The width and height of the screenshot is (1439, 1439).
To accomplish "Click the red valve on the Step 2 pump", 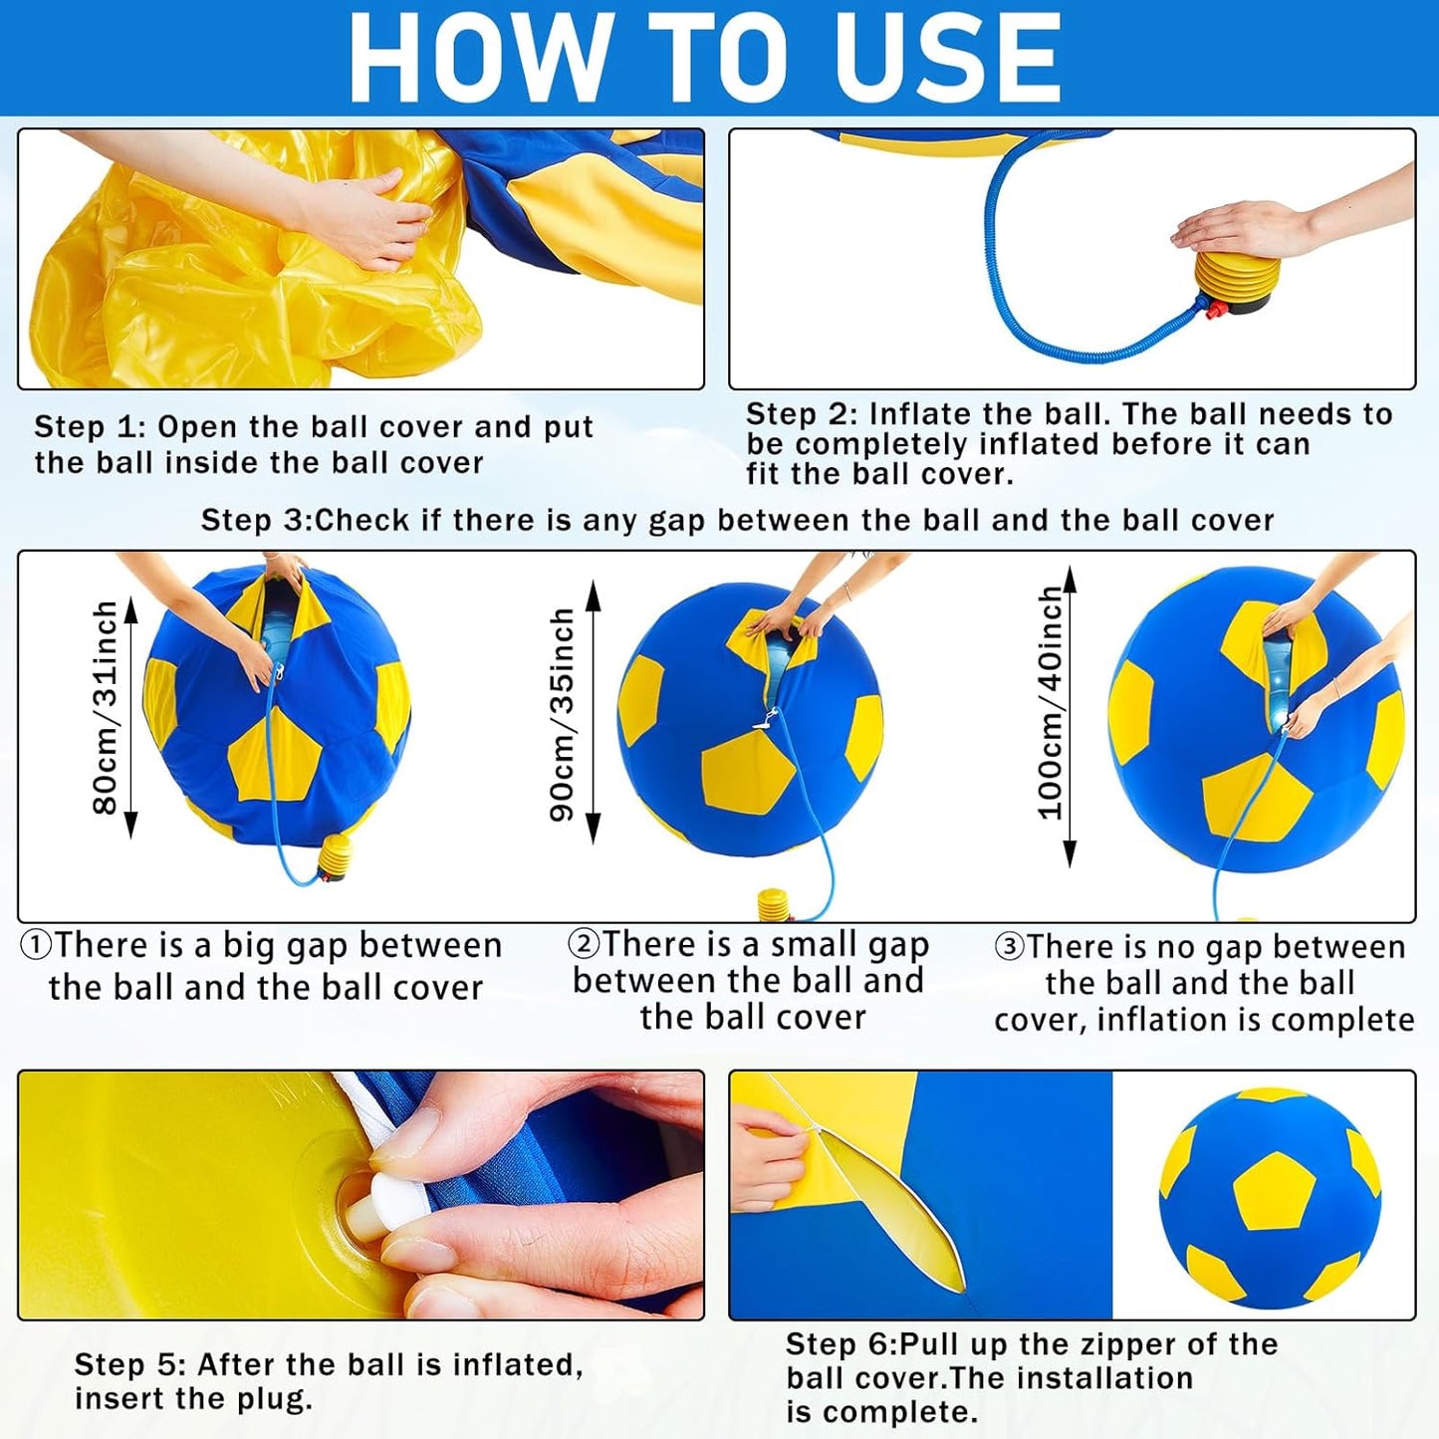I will click(x=1210, y=313).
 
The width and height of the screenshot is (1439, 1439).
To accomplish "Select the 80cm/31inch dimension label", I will click(x=105, y=707).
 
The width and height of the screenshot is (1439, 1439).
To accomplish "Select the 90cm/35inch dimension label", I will click(x=563, y=714).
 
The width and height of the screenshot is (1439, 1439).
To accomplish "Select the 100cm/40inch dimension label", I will click(x=1050, y=703).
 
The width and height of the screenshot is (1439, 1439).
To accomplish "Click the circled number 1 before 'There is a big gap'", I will click(x=36, y=945).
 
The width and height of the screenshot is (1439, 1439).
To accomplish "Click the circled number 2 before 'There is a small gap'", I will click(x=584, y=943).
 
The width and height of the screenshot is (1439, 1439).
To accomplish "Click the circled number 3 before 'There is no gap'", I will click(x=1009, y=946).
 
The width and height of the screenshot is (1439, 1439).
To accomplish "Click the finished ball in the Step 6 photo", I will click(x=1270, y=1195).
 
